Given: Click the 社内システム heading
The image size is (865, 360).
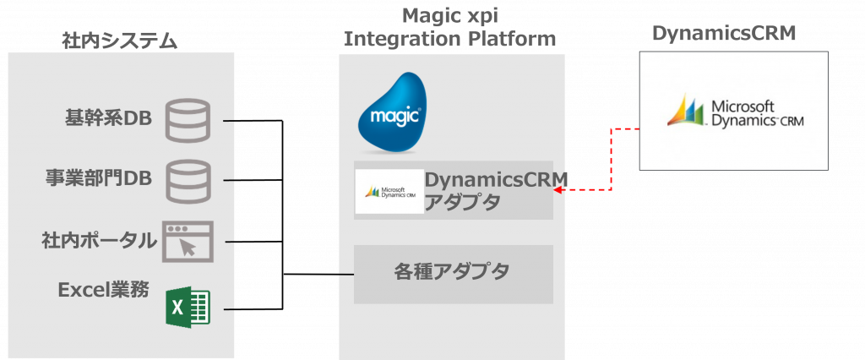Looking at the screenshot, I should tap(120, 41).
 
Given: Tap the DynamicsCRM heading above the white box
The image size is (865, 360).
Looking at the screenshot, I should tap(725, 33).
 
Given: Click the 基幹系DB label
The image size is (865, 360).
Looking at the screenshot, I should tap(108, 117).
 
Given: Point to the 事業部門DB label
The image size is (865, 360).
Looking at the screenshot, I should tap(98, 178).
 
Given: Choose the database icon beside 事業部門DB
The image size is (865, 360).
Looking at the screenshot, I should tap(187, 180).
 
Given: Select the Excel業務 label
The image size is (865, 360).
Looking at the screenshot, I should tap(103, 290).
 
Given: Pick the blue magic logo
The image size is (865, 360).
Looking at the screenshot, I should tap(390, 112).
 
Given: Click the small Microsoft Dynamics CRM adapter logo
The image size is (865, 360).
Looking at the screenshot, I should tap(389, 191).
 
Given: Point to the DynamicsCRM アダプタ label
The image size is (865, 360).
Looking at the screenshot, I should tap(494, 191).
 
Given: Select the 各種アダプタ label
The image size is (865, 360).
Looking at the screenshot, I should tap(452, 271).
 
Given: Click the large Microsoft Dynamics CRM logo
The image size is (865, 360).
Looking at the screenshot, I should tap(733, 112).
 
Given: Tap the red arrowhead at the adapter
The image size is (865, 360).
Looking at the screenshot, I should tap(558, 190).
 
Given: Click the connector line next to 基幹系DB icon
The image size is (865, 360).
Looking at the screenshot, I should tap(228, 122).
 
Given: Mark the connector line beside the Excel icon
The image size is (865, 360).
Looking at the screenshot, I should tap(228, 310).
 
